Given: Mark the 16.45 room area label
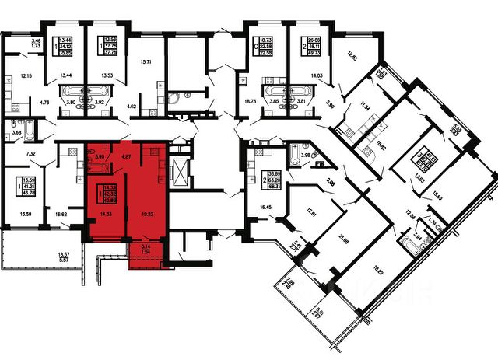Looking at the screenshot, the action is [x=265, y=208].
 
